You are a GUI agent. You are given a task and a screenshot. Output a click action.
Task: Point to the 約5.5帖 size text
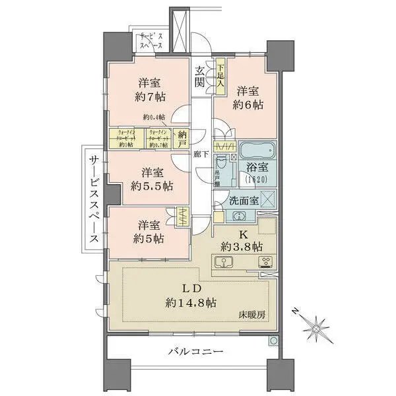coord(151,186)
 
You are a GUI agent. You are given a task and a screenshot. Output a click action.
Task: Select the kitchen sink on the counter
coord(225,263)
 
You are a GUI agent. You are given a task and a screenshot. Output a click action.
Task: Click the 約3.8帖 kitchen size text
coord(242,246)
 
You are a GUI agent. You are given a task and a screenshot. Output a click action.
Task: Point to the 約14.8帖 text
coord(191,304)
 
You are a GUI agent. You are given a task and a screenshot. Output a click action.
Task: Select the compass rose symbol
coord(316,325)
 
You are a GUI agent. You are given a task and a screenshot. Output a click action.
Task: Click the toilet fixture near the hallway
coord(223,161)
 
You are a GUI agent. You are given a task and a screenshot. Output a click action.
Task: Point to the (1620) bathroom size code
coord(252,180)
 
